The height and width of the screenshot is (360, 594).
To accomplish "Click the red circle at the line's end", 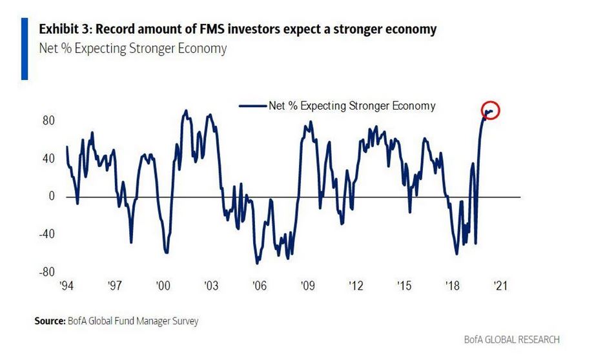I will [491, 111].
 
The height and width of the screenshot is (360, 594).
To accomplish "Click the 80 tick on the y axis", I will [48, 121].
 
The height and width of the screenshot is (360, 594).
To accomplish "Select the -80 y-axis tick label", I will [45, 272].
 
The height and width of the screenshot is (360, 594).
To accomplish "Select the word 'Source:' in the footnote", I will [48, 321].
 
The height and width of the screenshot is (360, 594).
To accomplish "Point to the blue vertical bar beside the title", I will [25, 48].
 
